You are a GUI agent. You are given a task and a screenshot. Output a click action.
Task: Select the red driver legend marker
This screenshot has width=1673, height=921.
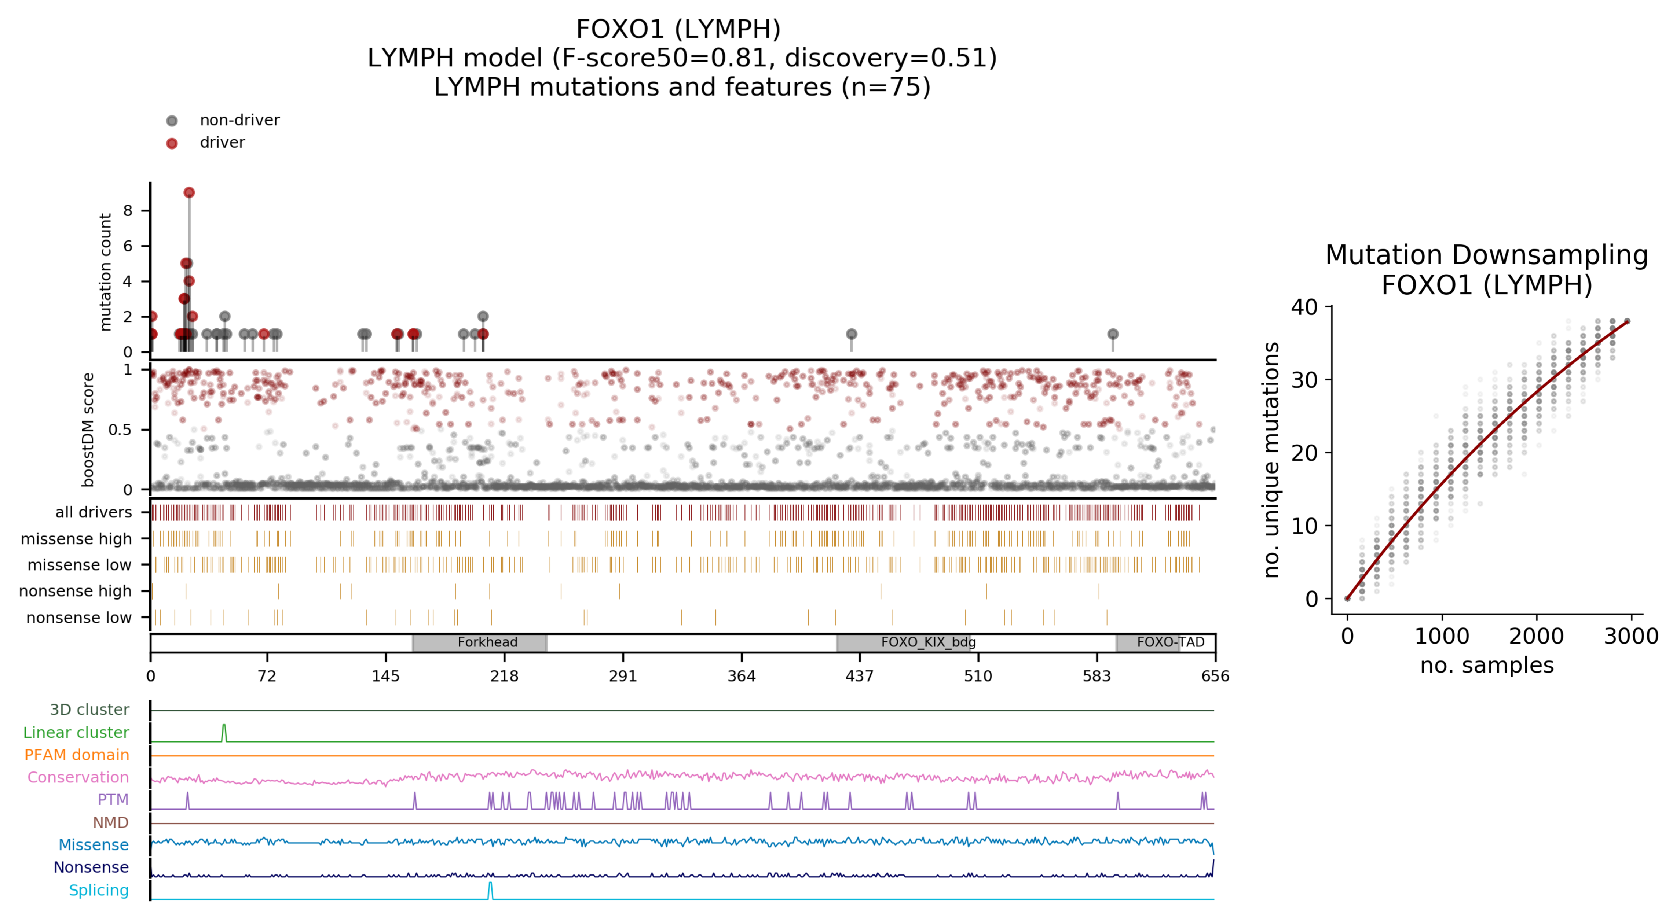coord(172,143)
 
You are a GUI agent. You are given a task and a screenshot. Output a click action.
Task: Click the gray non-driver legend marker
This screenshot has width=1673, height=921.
coord(172,121)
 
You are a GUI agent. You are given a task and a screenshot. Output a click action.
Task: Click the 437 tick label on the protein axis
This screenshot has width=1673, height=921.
coord(859,676)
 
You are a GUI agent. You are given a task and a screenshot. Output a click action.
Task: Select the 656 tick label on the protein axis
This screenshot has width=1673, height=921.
coord(1215,676)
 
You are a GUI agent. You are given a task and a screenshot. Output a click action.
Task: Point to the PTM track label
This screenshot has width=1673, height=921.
coord(113,800)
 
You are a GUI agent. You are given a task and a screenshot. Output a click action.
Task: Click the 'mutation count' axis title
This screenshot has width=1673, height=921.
coord(105,273)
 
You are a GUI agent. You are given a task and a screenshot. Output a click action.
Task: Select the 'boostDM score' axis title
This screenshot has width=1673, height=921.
coord(88,430)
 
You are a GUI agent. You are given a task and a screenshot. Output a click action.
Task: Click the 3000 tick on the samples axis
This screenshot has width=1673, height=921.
coord(1631,636)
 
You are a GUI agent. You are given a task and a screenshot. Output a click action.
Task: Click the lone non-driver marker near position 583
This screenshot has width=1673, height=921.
coord(1113,334)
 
